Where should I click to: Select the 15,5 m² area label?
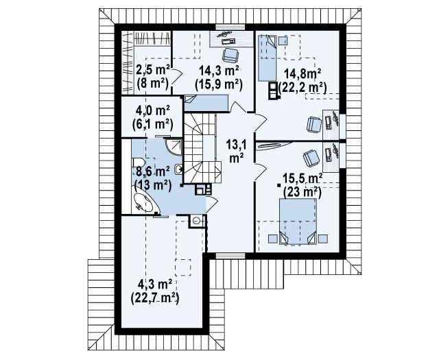point(302,178)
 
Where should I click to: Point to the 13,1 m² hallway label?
point(236,152)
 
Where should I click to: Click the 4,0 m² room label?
point(152,111)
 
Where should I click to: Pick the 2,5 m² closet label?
point(153,70)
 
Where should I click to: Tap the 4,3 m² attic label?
point(154,285)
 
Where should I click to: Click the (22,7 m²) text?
point(154,298)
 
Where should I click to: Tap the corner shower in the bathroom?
point(174,147)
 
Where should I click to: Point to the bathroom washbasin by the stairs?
point(178,169)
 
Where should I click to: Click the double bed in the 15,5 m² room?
point(298,221)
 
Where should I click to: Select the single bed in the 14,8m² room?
point(267,58)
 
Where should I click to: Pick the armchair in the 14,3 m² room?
point(230,55)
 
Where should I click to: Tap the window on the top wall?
point(230,27)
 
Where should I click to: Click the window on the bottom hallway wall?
point(230,256)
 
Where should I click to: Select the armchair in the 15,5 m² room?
point(311,158)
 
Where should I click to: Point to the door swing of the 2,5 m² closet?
point(177,75)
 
